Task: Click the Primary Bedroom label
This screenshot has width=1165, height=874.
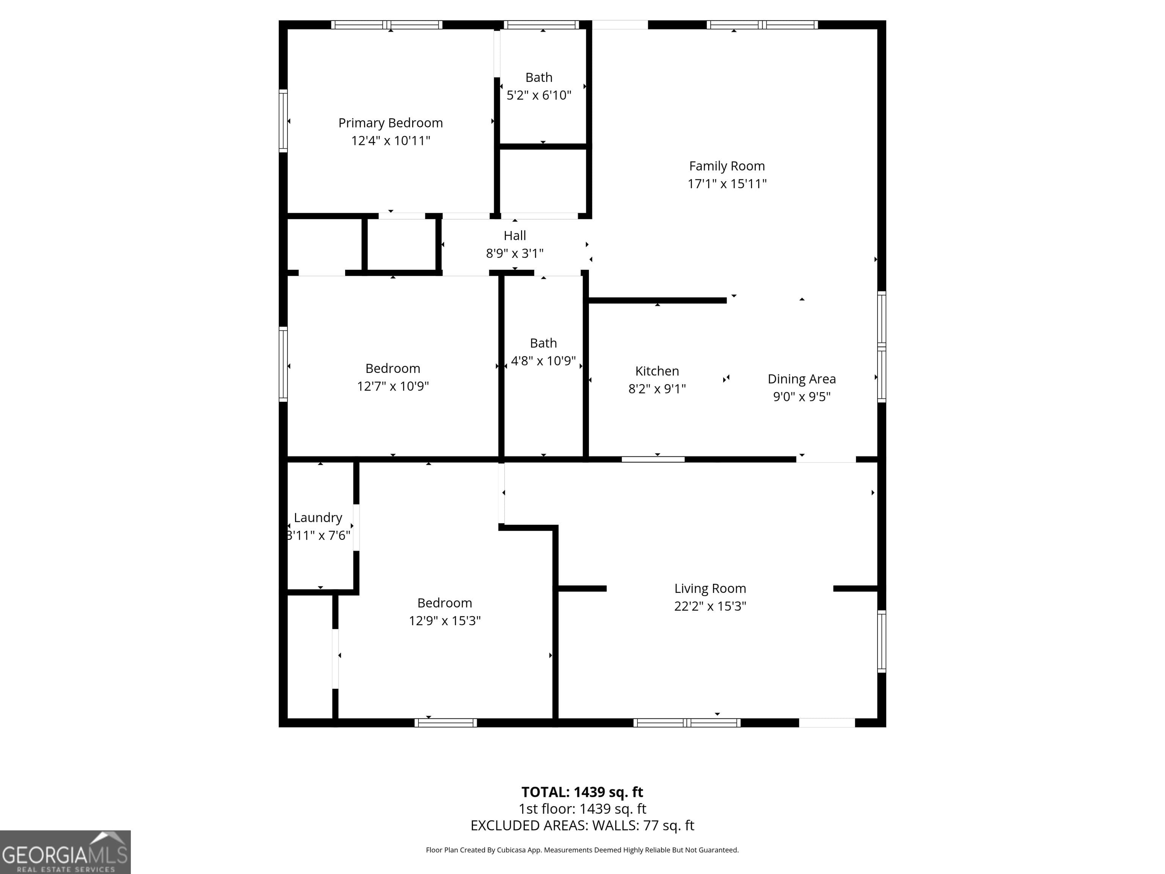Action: point(390,123)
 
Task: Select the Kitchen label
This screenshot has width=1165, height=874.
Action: point(657,371)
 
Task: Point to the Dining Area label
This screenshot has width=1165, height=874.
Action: point(801,379)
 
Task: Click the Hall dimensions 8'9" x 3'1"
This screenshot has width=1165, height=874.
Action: point(515,253)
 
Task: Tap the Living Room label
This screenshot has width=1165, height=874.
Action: point(710,588)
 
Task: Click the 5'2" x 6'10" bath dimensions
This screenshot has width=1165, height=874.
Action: point(539,95)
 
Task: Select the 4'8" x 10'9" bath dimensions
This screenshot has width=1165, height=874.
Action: point(543,361)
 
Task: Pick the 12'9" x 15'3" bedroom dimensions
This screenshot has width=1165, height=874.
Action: point(444,621)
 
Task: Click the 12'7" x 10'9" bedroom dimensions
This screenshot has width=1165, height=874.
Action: point(393,386)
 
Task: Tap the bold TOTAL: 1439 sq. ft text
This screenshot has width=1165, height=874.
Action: point(582,792)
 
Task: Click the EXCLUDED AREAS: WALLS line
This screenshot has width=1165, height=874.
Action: point(582,825)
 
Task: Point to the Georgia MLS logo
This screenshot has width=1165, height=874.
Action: point(65,852)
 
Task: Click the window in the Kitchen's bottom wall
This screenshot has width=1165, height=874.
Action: point(653,459)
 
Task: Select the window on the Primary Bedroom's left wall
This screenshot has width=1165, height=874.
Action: point(283,121)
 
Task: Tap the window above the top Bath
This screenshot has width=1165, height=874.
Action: point(542,25)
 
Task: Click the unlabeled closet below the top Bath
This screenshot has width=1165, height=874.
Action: point(543,181)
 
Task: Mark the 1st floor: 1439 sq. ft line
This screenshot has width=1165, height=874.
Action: point(582,809)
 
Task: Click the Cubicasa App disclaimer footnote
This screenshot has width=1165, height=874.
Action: point(582,850)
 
